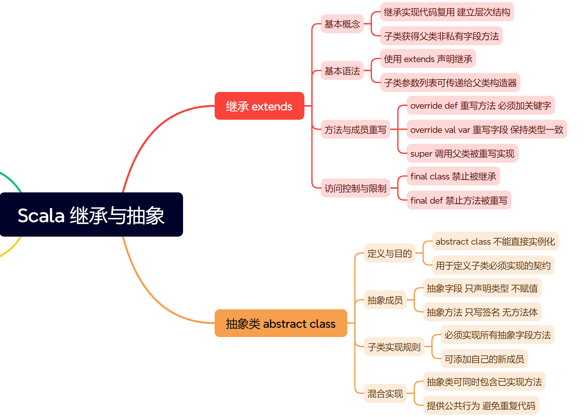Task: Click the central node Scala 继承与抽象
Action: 91,215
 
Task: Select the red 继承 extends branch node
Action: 259,106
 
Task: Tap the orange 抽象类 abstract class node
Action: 280,323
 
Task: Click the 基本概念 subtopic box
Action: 342,24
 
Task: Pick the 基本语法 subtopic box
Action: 342,71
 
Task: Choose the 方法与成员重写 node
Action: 355,129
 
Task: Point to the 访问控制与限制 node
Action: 355,188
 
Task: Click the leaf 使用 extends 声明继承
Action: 428,59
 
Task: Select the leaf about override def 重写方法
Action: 480,105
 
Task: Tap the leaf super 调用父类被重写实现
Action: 462,153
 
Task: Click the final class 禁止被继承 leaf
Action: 453,176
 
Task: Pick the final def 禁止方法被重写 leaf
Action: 459,200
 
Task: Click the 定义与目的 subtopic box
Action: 389,253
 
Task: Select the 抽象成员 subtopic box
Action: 385,300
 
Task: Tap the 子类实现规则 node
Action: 394,347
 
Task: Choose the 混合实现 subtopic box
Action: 385,393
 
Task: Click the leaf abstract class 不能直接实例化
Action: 495,241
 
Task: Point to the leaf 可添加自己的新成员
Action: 484,359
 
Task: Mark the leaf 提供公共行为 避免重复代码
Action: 481,405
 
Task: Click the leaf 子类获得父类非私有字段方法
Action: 441,36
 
